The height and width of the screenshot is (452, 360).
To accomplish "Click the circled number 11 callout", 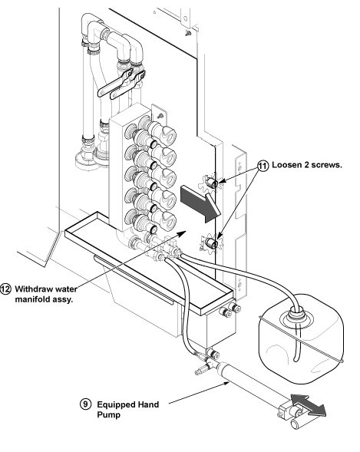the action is [x=263, y=166].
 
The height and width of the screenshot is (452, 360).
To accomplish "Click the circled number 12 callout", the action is [x=5, y=289].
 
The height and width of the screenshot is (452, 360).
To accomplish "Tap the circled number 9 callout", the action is [x=85, y=404].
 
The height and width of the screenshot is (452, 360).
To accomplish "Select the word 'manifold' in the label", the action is [x=32, y=299].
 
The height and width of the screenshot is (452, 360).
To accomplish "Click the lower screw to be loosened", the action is [x=212, y=244].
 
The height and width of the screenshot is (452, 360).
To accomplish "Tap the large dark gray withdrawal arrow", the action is [x=200, y=203].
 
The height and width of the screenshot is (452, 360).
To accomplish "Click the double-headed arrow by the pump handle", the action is [x=309, y=405].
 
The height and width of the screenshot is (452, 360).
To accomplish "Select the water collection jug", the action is [x=301, y=339].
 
